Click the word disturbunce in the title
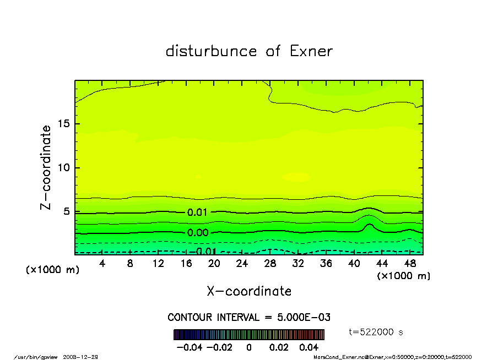tap(211, 51)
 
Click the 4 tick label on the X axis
tap(102, 264)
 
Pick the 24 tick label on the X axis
tap(242, 264)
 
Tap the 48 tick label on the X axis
tap(409, 264)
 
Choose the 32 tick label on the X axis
tap(298, 264)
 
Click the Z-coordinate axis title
tap(46, 167)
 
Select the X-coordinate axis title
tap(249, 291)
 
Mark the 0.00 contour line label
tap(198, 233)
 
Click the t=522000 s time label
tap(376, 332)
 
